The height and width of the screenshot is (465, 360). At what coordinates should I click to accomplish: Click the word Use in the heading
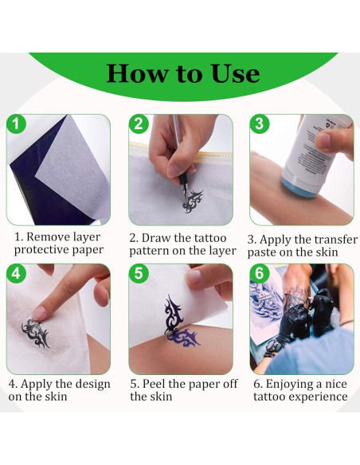(236, 73)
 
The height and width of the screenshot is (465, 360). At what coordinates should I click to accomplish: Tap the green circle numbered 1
(17, 124)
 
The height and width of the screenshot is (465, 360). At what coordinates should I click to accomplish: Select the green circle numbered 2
(139, 124)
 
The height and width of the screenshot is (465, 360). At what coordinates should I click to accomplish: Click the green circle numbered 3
(260, 124)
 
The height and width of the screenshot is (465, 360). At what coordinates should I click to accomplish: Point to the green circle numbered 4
(17, 273)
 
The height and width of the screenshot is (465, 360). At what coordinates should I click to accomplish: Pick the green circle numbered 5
(139, 273)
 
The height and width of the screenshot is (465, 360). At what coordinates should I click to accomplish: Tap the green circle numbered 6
(260, 273)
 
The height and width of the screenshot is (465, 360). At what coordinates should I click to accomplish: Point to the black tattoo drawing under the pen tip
(193, 201)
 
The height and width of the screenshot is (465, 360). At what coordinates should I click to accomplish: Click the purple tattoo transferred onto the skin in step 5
(184, 338)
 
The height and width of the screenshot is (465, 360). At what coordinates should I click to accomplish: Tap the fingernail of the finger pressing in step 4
(38, 313)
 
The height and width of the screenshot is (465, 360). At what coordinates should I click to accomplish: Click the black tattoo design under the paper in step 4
(35, 333)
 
